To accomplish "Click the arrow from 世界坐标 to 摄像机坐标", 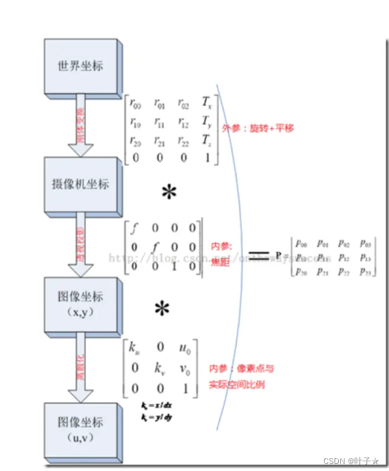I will point(82,124).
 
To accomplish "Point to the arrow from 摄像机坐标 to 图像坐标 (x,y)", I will point(82,243).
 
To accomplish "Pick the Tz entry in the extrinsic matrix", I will point(205,141).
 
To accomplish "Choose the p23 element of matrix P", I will point(366,271).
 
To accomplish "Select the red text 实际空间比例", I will point(236,384).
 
